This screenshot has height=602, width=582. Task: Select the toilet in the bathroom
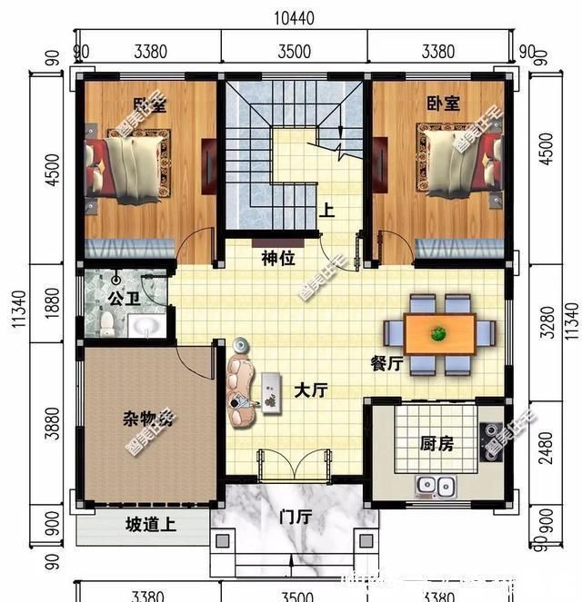[107, 321]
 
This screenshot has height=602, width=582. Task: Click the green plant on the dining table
[438, 333]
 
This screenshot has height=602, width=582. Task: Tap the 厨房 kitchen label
[436, 445]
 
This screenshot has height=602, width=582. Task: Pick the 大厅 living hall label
[310, 390]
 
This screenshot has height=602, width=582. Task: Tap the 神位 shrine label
[278, 259]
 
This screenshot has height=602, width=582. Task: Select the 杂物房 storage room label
[148, 419]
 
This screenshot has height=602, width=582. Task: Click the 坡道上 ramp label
[151, 526]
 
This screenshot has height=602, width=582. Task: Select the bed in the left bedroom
[125, 163]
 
